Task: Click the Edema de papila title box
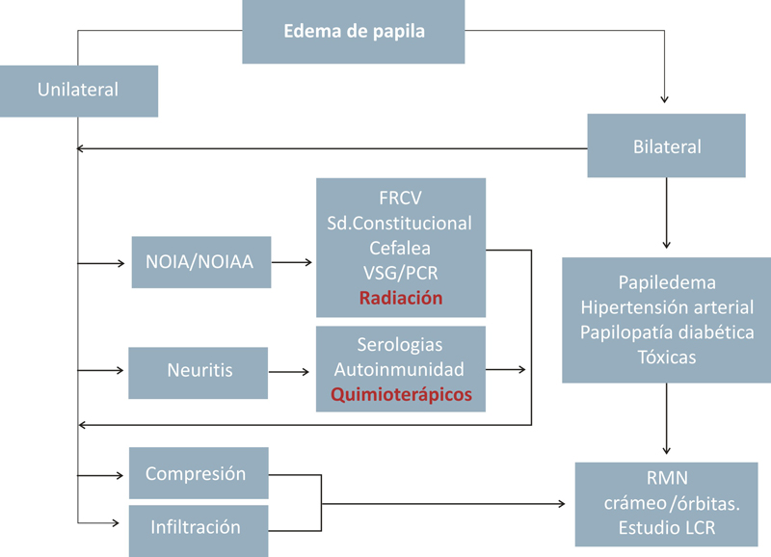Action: pyautogui.click(x=355, y=30)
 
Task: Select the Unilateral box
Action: pyautogui.click(x=78, y=91)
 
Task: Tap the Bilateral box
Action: pyautogui.click(x=667, y=146)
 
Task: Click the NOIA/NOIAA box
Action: pyautogui.click(x=201, y=261)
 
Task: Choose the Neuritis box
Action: pyautogui.click(x=198, y=371)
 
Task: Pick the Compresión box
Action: pyautogui.click(x=198, y=474)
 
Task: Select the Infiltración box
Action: pyautogui.click(x=198, y=527)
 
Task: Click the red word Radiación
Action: pyautogui.click(x=401, y=298)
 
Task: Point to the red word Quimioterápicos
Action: pyautogui.click(x=401, y=394)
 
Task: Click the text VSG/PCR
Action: pyautogui.click(x=401, y=273)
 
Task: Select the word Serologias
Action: pyautogui.click(x=400, y=344)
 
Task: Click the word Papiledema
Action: pyautogui.click(x=666, y=282)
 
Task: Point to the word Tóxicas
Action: pyautogui.click(x=666, y=357)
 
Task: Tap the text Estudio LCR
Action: pyautogui.click(x=666, y=528)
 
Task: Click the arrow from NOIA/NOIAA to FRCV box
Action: pyautogui.click(x=293, y=261)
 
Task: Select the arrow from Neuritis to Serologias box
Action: pyautogui.click(x=292, y=371)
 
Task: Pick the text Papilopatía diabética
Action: pyautogui.click(x=666, y=332)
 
